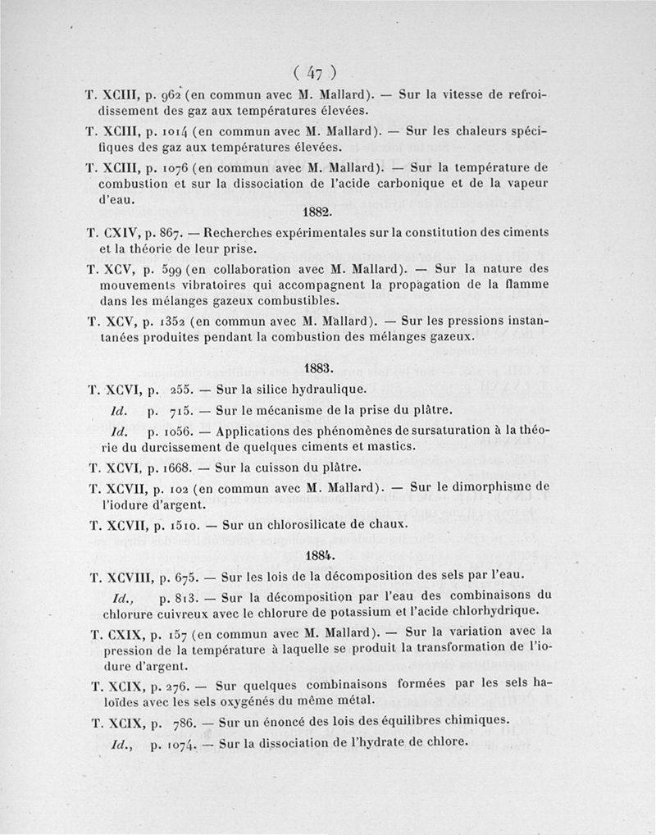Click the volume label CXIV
[121, 232]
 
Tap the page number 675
[180, 576]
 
